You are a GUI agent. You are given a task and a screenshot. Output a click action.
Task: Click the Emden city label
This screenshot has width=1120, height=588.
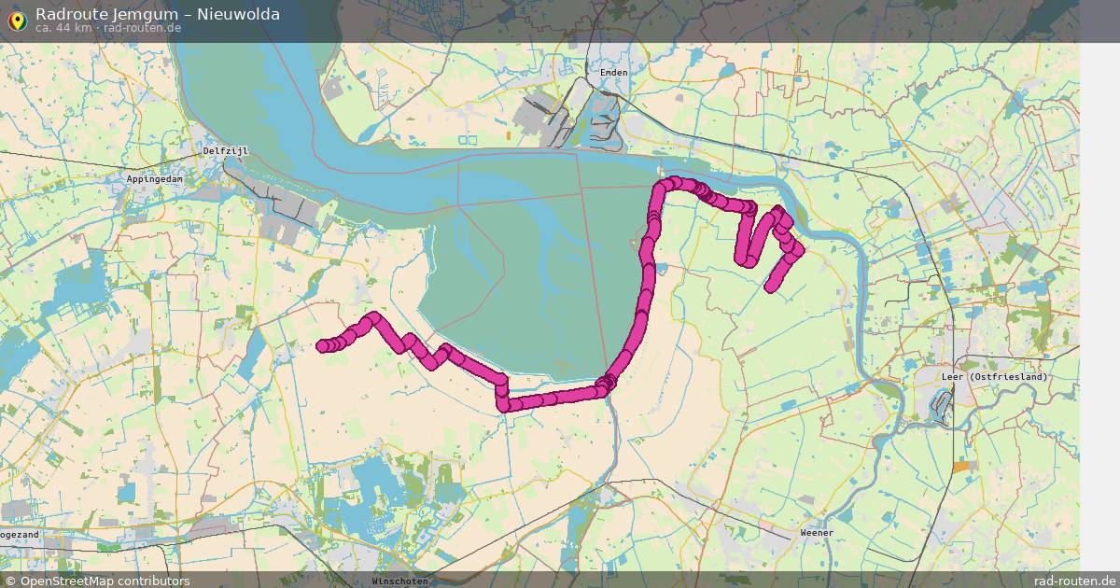(614, 72)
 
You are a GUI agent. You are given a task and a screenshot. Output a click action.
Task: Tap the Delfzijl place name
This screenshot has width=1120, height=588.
(225, 150)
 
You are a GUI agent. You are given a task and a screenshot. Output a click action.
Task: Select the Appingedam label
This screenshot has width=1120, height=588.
(155, 177)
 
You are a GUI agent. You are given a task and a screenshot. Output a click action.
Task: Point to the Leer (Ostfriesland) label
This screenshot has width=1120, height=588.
(995, 376)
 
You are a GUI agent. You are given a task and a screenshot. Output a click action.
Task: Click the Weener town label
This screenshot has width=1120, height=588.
(817, 533)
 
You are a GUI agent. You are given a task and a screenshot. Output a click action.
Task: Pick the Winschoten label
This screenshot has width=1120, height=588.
(399, 581)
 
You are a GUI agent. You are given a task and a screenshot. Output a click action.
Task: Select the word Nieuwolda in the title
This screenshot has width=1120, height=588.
(238, 13)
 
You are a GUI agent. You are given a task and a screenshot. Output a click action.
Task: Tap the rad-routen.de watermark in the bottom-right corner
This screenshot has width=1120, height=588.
(1075, 581)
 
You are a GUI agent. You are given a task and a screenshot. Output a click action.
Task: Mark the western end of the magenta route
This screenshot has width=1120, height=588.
(322, 346)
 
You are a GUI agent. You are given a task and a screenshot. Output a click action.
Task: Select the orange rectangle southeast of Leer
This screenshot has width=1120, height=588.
(961, 466)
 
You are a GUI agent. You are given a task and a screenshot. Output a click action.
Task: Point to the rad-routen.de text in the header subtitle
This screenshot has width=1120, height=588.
(143, 28)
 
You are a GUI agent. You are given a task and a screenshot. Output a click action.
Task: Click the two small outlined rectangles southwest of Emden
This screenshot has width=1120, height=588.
(468, 141)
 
